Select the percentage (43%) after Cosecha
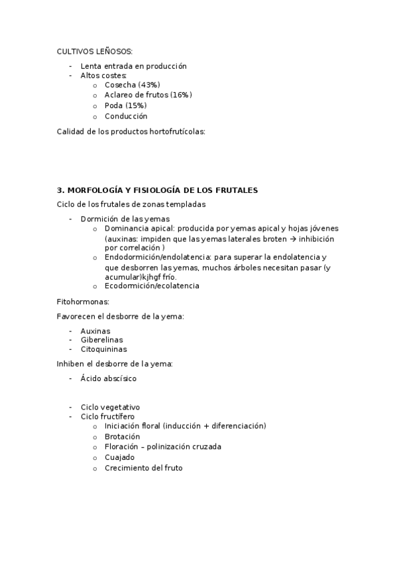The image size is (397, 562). coord(149,85)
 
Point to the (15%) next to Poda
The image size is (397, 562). coord(136,105)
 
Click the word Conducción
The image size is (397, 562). coord(126,116)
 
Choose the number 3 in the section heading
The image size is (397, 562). coord(60,190)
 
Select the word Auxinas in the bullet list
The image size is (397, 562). coord(95,331)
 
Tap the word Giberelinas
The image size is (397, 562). coord(101,340)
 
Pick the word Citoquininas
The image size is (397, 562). coord(104,349)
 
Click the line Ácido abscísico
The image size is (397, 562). coord(109,378)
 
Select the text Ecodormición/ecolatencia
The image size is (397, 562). coord(152,286)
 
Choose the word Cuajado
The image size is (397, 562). coord(119,457)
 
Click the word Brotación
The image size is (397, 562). coord(122,437)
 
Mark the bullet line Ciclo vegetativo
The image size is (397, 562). coord(110,407)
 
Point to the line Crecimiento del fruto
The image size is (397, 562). coord(143,468)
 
